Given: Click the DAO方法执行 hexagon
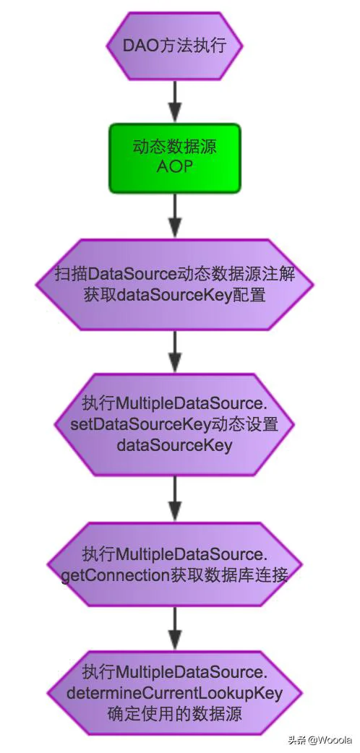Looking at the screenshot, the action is pos(174,46).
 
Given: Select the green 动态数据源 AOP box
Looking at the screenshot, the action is pos(174,158).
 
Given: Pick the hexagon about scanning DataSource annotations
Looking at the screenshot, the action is pos(174,284).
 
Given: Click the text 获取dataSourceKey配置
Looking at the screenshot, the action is pos(174,294).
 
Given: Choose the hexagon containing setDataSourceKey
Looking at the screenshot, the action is pos(174,424).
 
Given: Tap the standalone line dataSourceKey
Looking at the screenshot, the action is pos(174,444).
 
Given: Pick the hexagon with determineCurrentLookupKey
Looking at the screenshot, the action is pos(174,693).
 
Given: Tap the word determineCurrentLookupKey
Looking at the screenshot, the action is pos(174,694).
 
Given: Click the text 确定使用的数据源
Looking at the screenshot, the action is pos(174,714).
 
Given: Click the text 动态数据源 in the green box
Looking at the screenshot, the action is pos(174,147).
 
